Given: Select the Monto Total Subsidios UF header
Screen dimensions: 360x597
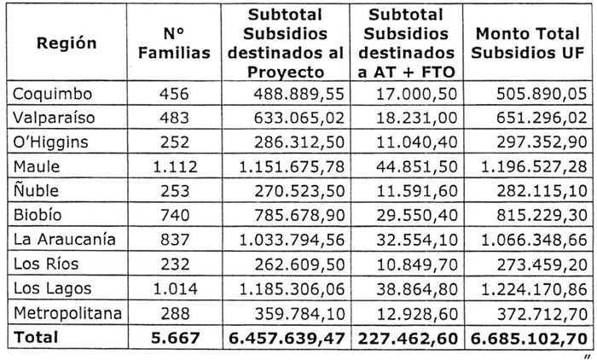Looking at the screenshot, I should click(x=527, y=43).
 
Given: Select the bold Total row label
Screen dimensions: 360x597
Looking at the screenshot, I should click(x=36, y=337).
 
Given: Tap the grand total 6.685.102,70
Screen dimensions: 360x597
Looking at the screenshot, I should click(x=527, y=337).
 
